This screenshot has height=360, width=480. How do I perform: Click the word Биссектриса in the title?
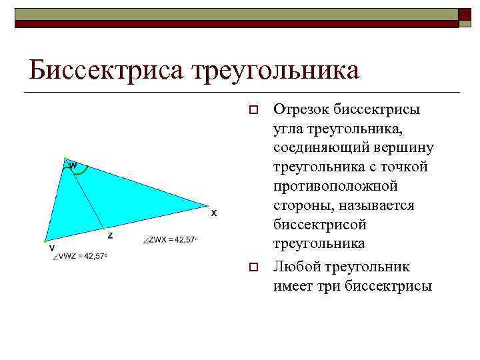tap(107, 70)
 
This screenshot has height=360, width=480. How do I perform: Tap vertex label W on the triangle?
tap(73, 164)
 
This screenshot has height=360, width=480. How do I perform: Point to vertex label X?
tap(214, 213)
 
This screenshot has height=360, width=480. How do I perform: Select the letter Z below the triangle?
tap(109, 235)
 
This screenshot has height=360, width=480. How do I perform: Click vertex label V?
tap(51, 248)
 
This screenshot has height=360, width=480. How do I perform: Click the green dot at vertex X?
tap(208, 206)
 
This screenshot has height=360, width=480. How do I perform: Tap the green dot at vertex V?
tap(44, 240)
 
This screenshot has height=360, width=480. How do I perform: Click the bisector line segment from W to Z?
tap(85, 195)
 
